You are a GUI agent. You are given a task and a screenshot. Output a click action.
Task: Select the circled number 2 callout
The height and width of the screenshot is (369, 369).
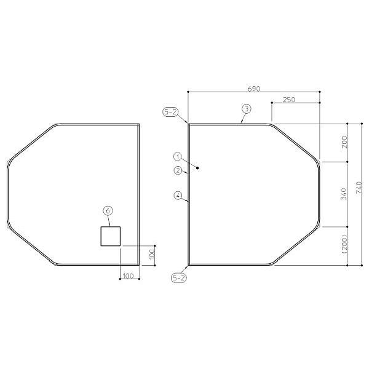pyautogui.click(x=177, y=170)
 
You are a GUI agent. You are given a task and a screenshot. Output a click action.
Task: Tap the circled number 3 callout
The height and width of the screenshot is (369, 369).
pyautogui.click(x=246, y=109)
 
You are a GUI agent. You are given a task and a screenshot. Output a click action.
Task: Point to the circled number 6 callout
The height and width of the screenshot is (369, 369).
pyautogui.click(x=108, y=211)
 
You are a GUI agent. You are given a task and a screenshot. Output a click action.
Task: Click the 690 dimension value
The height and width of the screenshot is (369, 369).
pyautogui.click(x=253, y=89)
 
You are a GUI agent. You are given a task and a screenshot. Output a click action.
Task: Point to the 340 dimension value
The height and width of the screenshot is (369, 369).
pyautogui.click(x=344, y=194)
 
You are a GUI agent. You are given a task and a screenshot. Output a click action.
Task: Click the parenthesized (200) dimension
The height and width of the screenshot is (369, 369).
pyautogui.click(x=344, y=244)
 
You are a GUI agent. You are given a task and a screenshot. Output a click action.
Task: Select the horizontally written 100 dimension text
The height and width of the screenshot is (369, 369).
pyautogui.click(x=128, y=276)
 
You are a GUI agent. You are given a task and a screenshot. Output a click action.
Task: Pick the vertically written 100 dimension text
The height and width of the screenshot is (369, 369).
pyautogui.click(x=152, y=254)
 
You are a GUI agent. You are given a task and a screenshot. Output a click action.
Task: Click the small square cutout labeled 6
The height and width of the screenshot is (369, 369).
pyautogui.click(x=110, y=236)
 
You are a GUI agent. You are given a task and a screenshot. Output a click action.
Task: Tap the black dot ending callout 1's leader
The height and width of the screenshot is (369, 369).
pyautogui.click(x=197, y=167)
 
